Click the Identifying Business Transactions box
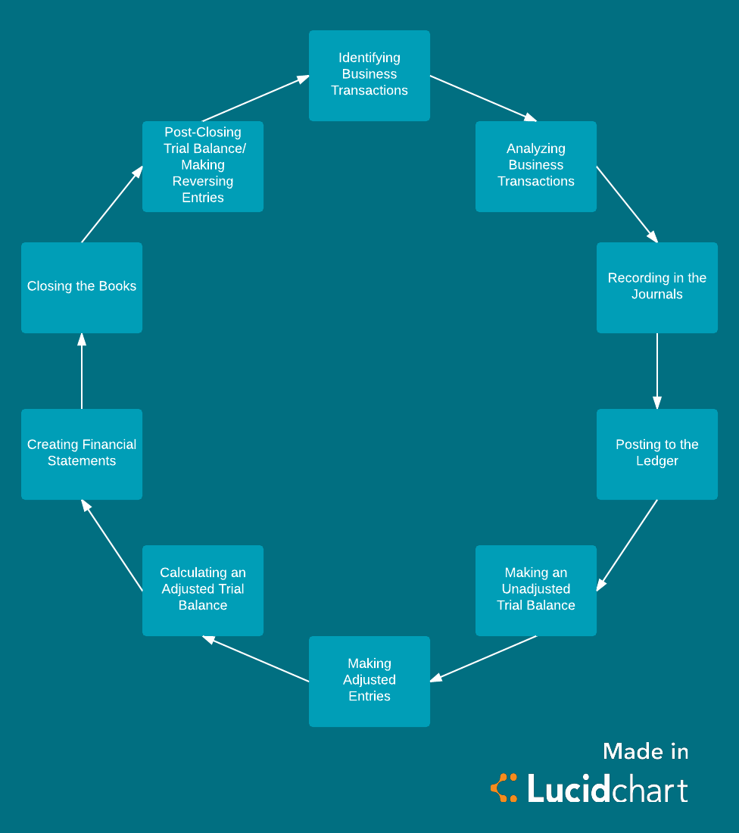point(369,76)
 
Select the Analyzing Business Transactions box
point(536,167)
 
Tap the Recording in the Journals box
point(657,288)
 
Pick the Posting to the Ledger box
point(657,454)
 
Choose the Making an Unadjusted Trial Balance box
point(536,591)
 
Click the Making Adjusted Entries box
point(369,682)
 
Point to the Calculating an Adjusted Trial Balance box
point(203,591)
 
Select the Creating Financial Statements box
point(82,454)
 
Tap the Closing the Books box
point(82,288)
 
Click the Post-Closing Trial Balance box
point(203,167)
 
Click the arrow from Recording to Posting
point(657,371)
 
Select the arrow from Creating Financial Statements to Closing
point(82,371)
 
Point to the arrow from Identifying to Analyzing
point(483,98)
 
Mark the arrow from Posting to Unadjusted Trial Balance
point(627,545)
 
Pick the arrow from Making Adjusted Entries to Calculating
point(256,659)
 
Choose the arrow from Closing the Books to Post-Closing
point(112,204)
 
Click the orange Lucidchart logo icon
point(504,788)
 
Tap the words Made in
point(645,752)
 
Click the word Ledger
point(657,461)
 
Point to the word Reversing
point(203,182)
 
